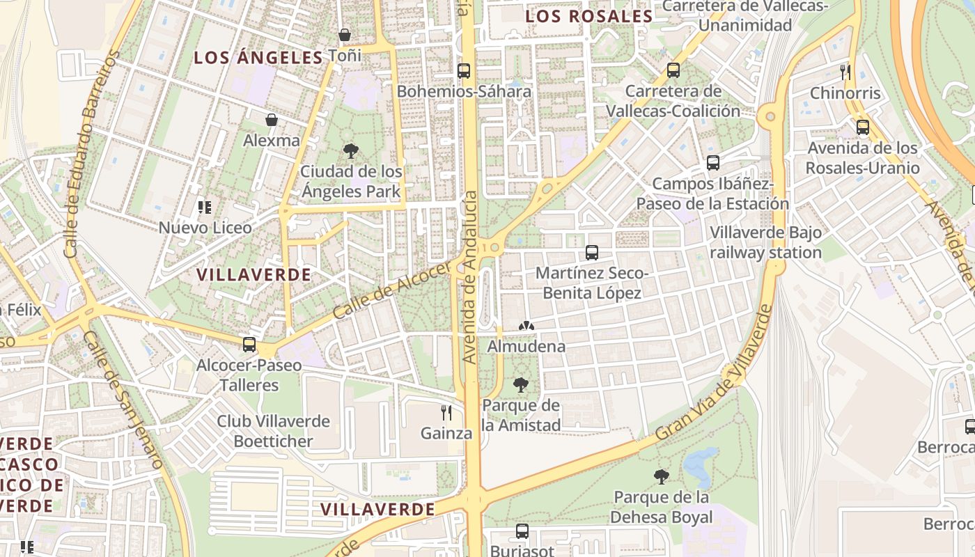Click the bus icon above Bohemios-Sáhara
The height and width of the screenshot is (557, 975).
[464, 70]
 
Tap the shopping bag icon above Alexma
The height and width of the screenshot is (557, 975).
[272, 120]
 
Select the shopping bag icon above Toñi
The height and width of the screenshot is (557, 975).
[344, 35]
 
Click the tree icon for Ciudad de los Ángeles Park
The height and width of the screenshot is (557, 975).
[351, 150]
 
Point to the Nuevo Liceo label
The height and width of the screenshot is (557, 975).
[204, 228]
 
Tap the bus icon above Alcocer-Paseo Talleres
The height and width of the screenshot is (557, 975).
[249, 344]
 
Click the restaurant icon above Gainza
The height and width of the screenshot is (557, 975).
[446, 413]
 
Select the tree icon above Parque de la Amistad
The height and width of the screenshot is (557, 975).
[520, 385]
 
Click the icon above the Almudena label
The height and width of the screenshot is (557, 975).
[526, 326]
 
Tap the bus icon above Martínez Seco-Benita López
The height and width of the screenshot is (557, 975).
[592, 253]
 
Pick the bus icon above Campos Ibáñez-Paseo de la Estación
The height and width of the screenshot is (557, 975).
[712, 163]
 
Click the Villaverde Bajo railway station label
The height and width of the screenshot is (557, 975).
[765, 242]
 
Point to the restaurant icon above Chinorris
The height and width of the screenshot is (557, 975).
[845, 72]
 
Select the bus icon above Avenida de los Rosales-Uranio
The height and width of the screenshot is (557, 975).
[863, 127]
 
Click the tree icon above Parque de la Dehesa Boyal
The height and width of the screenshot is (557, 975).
[662, 477]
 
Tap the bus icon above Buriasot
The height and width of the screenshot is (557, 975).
[522, 531]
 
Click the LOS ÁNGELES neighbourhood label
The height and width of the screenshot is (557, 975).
[258, 58]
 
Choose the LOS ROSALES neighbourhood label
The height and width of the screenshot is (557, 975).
[588, 16]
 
